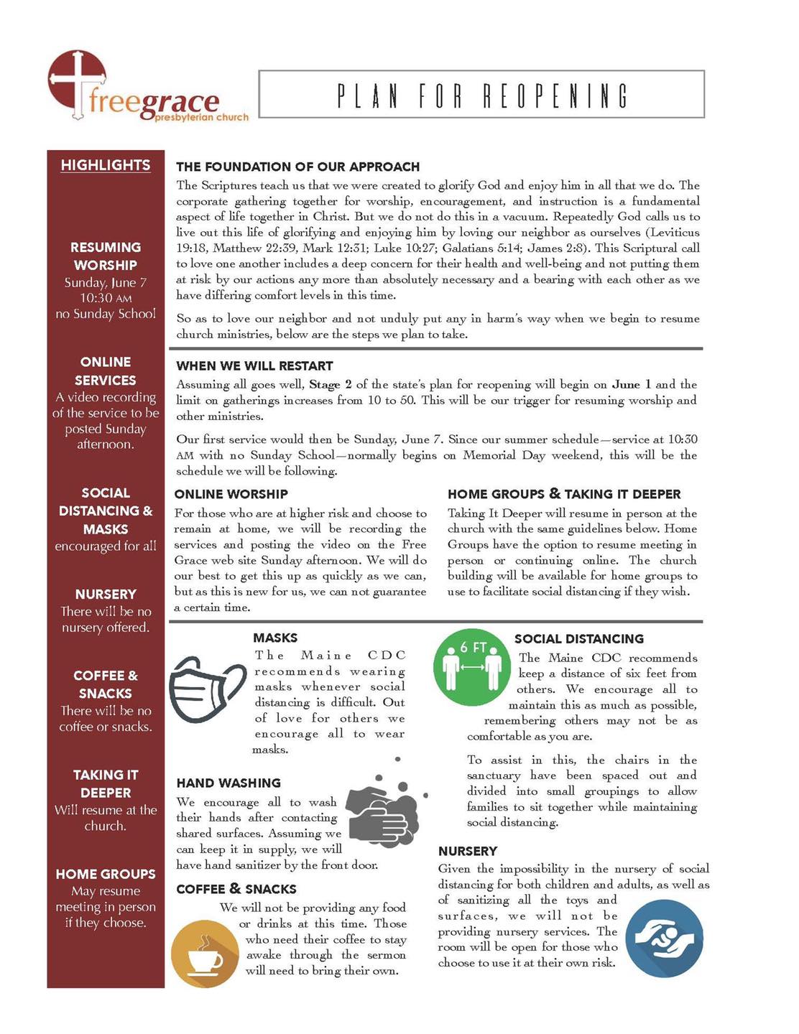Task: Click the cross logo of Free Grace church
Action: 77,83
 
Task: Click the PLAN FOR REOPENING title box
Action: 481,94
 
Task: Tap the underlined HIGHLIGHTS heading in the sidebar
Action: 106,165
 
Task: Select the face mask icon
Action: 207,688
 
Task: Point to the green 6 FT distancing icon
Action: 472,667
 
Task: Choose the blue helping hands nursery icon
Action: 664,938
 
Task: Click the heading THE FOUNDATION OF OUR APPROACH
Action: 297,167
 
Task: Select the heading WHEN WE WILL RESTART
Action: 254,366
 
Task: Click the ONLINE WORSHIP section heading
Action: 231,494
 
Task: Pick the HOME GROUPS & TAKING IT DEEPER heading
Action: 564,494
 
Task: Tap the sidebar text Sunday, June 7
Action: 106,283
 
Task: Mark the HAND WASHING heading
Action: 228,783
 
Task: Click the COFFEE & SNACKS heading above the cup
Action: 236,889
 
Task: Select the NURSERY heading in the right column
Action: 468,851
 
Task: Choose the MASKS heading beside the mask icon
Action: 275,638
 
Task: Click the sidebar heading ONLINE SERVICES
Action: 106,371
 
